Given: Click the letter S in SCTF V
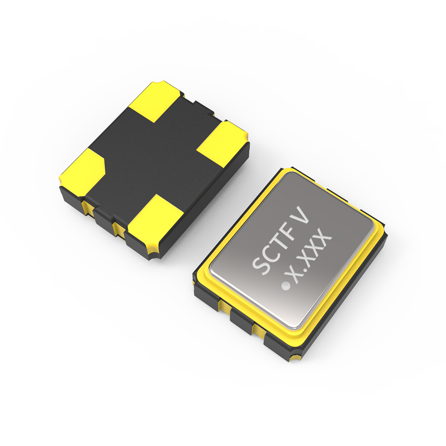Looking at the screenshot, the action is click(x=261, y=265).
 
